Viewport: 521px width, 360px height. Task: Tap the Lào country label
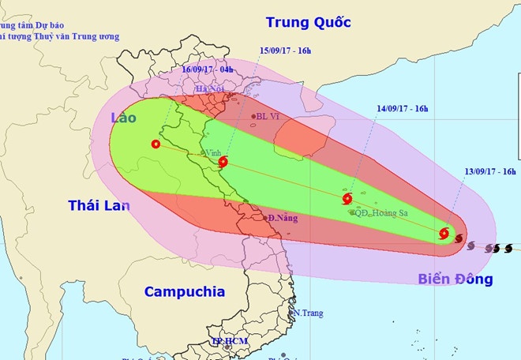[123, 118]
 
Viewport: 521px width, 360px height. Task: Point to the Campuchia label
[184, 291]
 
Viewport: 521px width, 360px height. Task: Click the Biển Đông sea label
[456, 279]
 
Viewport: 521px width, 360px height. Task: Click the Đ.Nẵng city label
[281, 218]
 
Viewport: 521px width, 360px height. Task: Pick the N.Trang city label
[309, 313]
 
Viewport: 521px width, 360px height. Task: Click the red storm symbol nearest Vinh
[223, 163]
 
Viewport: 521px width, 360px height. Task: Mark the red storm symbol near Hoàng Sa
[347, 198]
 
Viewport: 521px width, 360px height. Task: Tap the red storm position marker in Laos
[156, 144]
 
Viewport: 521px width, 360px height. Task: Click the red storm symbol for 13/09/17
[444, 234]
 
